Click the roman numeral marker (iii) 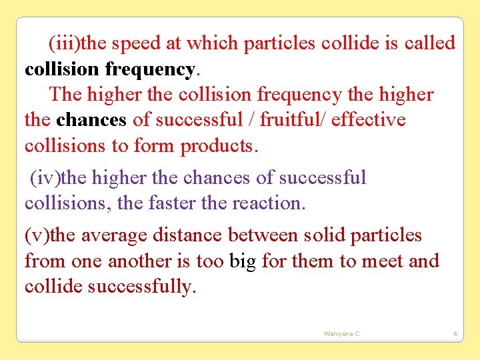[x=63, y=44]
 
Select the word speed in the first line [x=137, y=44]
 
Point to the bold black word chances [x=91, y=120]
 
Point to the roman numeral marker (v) [x=37, y=235]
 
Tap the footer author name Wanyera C [x=341, y=333]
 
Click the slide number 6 [x=455, y=333]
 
